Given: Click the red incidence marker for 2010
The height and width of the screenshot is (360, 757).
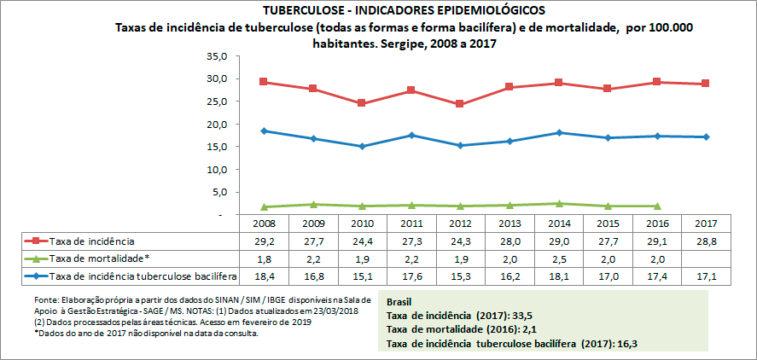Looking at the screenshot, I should [362, 103].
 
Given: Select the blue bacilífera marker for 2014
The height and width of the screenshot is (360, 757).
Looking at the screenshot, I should [558, 132].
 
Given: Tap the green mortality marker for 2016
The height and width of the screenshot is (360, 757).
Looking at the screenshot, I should [656, 206].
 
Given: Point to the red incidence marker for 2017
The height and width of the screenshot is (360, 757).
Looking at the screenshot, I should [706, 84].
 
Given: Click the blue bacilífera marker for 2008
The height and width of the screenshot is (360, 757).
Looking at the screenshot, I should [264, 131].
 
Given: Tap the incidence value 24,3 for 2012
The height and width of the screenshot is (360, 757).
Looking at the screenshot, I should [460, 242].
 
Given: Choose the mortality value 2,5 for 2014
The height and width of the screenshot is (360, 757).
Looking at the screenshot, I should [558, 258].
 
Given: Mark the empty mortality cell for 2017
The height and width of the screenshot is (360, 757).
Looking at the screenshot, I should [706, 258].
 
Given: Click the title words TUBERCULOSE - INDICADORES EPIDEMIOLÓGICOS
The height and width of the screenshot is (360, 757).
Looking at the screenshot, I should [404, 10].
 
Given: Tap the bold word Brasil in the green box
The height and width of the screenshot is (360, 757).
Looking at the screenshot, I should [402, 302].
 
